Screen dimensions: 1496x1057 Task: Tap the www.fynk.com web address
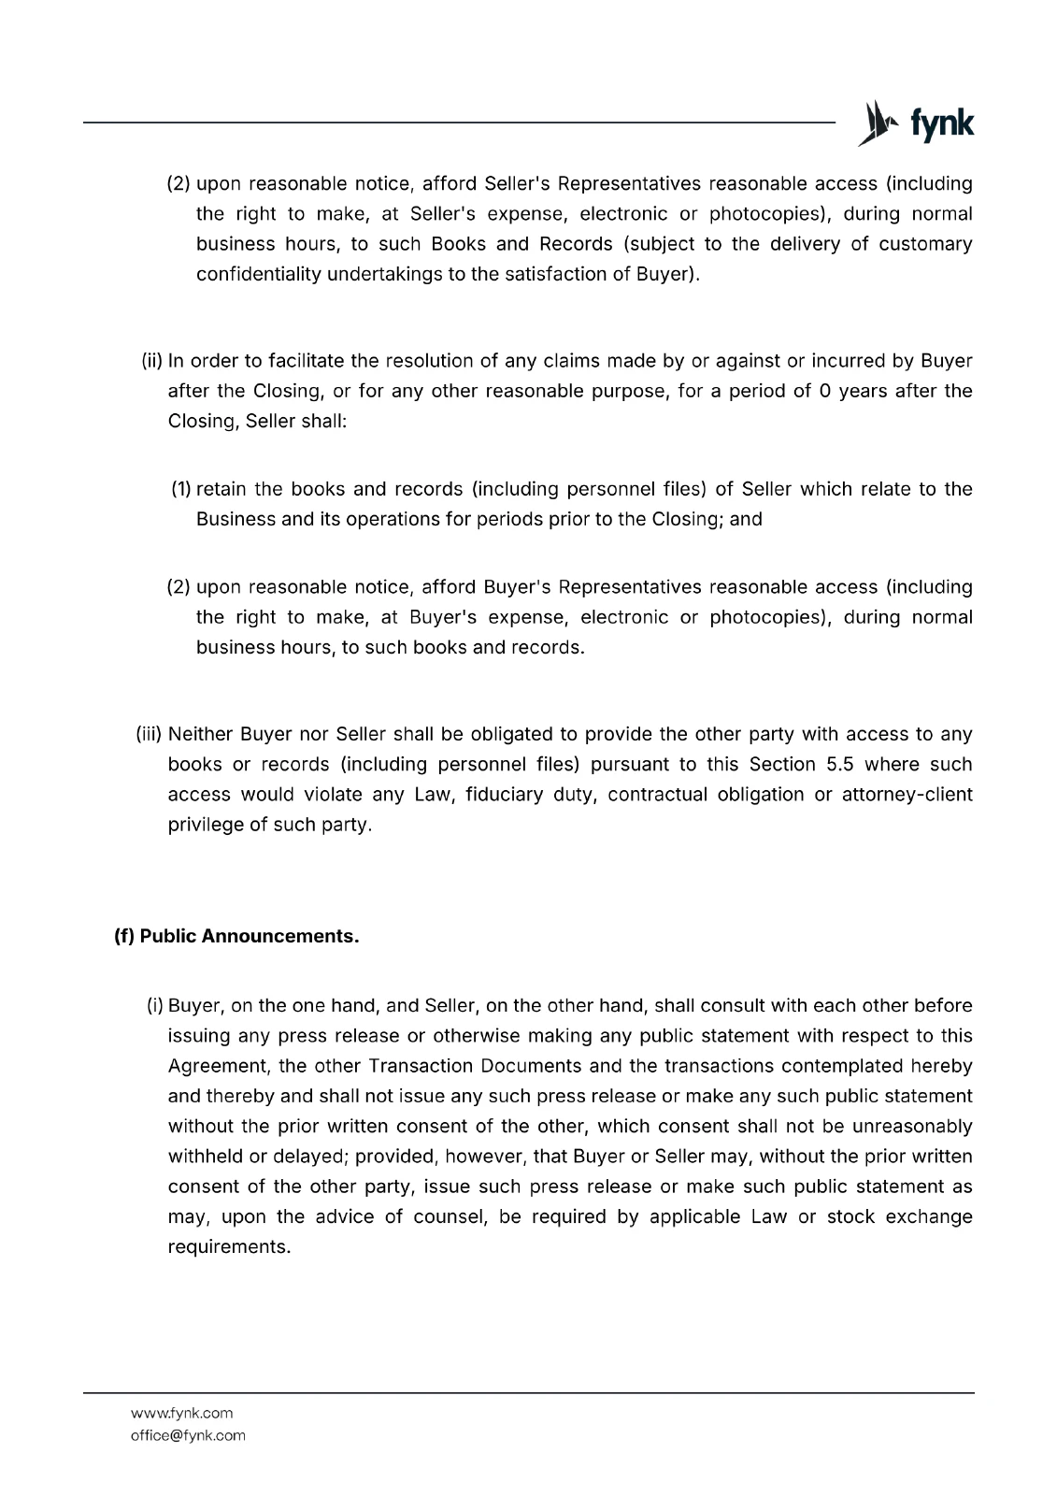click(x=181, y=1413)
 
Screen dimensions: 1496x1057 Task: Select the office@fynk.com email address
click(x=188, y=1435)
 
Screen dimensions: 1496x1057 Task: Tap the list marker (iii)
click(x=150, y=735)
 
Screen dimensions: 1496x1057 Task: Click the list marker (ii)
click(x=152, y=361)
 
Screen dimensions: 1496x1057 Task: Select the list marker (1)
click(x=181, y=489)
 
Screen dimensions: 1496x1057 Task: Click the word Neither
click(x=200, y=735)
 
